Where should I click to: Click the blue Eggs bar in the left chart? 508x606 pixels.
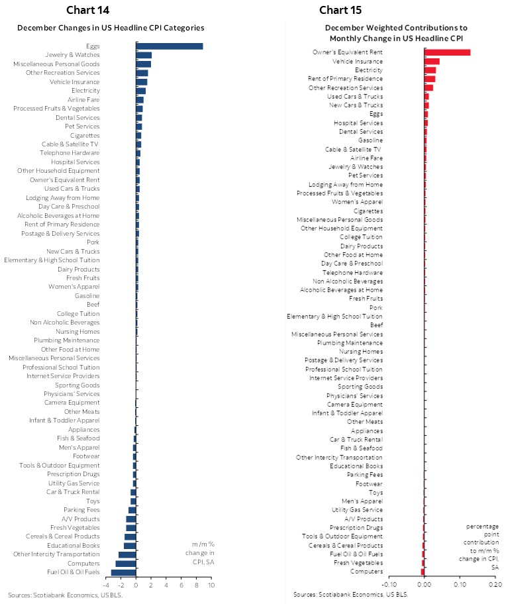click(x=170, y=46)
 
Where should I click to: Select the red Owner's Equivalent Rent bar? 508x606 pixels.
click(x=447, y=52)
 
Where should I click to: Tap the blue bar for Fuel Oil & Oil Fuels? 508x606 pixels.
click(x=124, y=572)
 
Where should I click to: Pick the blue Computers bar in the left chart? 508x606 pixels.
click(x=126, y=563)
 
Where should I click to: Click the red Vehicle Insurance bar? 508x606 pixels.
click(x=432, y=61)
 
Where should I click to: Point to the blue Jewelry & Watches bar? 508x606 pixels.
click(x=144, y=55)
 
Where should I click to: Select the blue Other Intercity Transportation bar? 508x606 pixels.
click(x=127, y=554)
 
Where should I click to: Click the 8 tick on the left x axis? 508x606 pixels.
click(x=196, y=585)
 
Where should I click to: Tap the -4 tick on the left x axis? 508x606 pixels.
click(x=106, y=585)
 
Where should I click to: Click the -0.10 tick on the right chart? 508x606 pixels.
click(x=389, y=583)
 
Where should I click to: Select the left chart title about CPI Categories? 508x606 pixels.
click(x=110, y=28)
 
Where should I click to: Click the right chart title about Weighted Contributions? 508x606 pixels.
click(x=396, y=32)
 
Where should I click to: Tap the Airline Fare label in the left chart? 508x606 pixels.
click(x=84, y=99)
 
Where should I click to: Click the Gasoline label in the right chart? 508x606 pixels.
click(x=370, y=140)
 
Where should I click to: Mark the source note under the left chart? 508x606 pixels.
click(x=66, y=595)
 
